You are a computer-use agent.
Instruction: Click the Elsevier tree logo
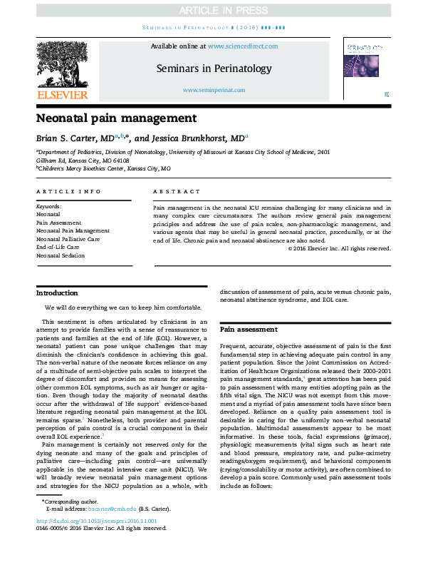(x=62, y=66)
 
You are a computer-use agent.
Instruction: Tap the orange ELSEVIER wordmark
(x=62, y=95)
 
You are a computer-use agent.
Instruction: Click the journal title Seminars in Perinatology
(x=214, y=68)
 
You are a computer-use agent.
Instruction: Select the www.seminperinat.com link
(x=214, y=90)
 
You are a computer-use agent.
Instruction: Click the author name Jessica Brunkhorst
(x=204, y=138)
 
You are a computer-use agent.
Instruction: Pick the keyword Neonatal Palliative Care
(x=68, y=239)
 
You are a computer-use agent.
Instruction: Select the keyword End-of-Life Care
(x=58, y=247)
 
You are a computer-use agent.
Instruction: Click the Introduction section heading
(x=57, y=293)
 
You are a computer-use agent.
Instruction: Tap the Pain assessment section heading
(x=249, y=330)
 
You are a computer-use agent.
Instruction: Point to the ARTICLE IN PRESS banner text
(x=211, y=9)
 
